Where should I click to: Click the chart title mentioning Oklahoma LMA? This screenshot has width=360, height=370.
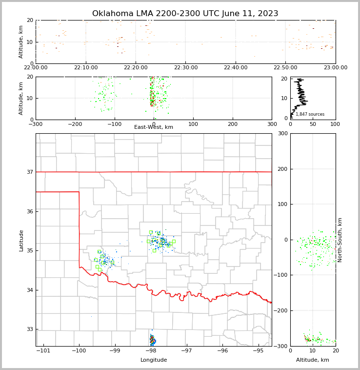[185, 14]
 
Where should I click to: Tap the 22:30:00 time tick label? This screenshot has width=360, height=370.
[186, 68]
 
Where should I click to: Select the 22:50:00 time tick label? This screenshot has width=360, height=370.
[285, 68]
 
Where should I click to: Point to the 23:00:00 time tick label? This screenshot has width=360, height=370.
[335, 68]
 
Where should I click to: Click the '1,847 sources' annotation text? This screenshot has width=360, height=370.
[310, 114]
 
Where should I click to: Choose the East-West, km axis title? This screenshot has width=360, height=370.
[154, 127]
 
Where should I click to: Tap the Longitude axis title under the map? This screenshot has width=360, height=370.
[154, 360]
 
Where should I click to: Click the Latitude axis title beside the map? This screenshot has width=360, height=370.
[21, 240]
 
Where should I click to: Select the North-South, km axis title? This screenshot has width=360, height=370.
[340, 240]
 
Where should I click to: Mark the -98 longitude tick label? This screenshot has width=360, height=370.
[151, 351]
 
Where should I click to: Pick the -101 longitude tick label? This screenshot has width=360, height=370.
[43, 351]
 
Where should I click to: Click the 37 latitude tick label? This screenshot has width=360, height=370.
[29, 172]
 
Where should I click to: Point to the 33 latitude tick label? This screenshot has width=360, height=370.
[29, 329]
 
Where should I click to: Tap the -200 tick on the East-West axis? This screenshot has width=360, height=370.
[75, 124]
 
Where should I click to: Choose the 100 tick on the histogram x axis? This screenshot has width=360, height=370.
[335, 124]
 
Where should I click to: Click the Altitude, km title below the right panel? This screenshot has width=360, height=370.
[313, 360]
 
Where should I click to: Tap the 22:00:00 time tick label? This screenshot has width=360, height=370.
[36, 68]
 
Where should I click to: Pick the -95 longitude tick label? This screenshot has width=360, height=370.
[258, 351]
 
